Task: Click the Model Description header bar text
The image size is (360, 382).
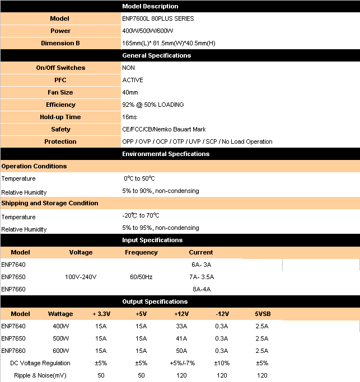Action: click(x=150, y=6)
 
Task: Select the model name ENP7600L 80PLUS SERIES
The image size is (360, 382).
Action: click(x=158, y=18)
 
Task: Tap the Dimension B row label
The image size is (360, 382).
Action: click(x=60, y=43)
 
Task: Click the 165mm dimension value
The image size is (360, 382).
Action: click(x=169, y=43)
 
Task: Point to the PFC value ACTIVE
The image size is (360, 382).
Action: click(x=133, y=80)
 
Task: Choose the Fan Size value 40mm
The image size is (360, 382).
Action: click(x=130, y=92)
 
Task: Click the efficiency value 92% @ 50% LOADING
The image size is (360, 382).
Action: click(x=153, y=105)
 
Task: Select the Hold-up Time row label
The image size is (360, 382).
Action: click(x=60, y=117)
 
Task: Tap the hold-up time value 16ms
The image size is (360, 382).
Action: click(x=129, y=117)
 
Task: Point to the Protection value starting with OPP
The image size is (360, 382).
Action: click(x=197, y=142)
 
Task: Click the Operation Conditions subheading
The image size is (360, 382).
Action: click(x=34, y=166)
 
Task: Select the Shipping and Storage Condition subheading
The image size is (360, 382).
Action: click(x=50, y=203)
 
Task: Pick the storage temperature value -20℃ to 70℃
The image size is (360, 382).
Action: click(x=141, y=215)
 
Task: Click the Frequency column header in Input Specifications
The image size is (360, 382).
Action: click(x=141, y=252)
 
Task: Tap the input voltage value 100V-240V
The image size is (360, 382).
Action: click(x=81, y=277)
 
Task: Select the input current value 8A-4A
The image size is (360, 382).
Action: click(x=202, y=289)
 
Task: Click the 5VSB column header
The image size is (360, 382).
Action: click(x=263, y=314)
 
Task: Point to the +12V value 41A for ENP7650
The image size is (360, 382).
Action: click(x=181, y=338)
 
